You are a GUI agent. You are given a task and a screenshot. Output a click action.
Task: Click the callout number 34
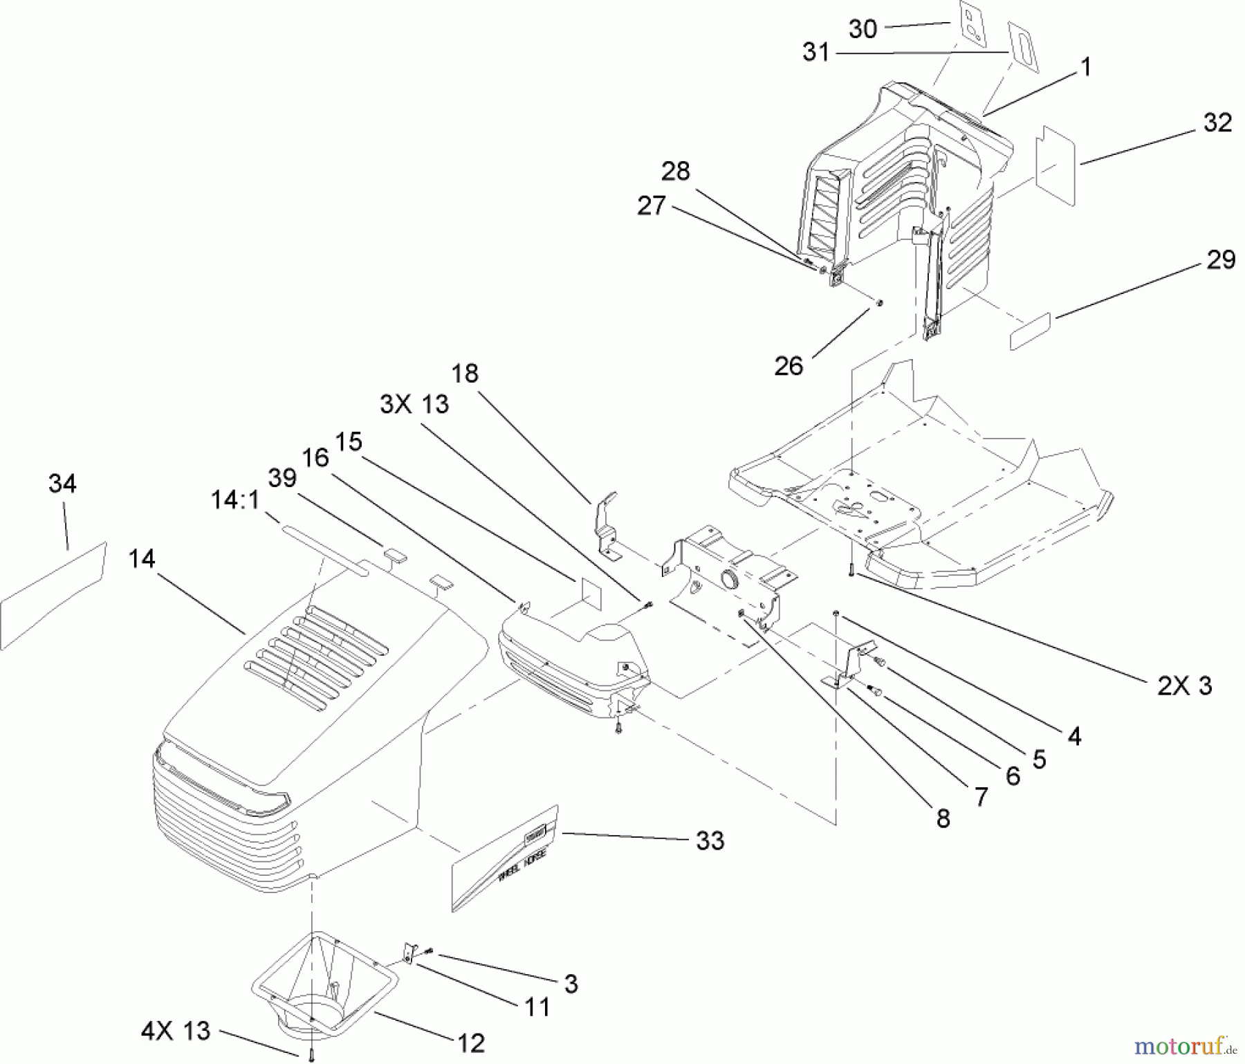point(62,484)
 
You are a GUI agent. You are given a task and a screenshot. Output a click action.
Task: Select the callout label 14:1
point(234,499)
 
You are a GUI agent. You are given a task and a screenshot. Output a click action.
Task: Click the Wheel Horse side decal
point(505,858)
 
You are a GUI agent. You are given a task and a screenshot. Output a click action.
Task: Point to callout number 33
point(710,841)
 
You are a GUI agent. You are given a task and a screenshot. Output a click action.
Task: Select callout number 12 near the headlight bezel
point(471,1043)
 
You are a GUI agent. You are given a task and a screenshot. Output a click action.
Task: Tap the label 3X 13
point(414,403)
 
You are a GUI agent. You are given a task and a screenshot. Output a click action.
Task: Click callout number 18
point(465,374)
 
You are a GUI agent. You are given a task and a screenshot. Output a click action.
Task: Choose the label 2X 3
point(1184,686)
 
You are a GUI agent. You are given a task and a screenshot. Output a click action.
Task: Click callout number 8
point(943,819)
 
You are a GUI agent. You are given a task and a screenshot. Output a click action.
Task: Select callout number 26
point(788,366)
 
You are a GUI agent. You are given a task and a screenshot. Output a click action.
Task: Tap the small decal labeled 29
point(1030,331)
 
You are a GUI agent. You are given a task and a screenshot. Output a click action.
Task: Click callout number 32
point(1217,123)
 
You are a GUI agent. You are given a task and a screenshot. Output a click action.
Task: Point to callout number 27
point(651,205)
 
